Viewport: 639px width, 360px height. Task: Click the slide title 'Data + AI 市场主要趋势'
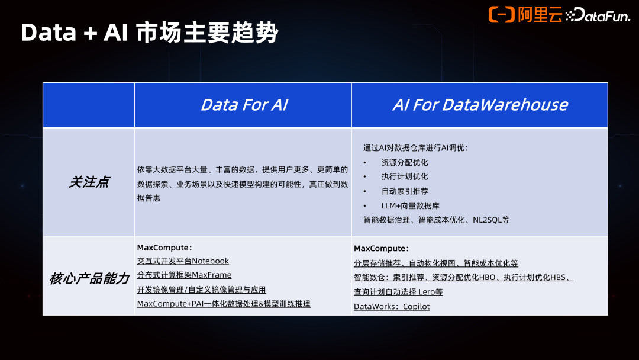pos(149,33)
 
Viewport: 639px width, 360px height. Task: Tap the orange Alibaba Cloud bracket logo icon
pos(501,14)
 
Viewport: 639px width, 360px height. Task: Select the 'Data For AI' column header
pos(244,105)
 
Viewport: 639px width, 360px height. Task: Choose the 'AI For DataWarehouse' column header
pos(479,105)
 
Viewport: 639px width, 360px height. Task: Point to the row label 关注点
pos(89,182)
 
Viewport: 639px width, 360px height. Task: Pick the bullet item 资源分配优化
pos(404,162)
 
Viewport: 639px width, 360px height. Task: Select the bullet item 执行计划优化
pos(404,176)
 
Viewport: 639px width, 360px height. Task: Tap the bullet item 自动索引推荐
pos(404,191)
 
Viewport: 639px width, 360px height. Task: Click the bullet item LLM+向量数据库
pos(410,205)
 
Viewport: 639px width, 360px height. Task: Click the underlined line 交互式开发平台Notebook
pos(183,261)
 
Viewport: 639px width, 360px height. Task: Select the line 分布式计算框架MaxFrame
pos(184,275)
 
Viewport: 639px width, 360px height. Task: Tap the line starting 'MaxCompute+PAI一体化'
pos(224,304)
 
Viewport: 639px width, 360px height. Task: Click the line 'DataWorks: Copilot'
pos(392,307)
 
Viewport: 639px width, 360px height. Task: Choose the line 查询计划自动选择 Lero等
pos(398,292)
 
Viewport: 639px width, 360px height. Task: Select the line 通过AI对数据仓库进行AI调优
pos(415,148)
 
